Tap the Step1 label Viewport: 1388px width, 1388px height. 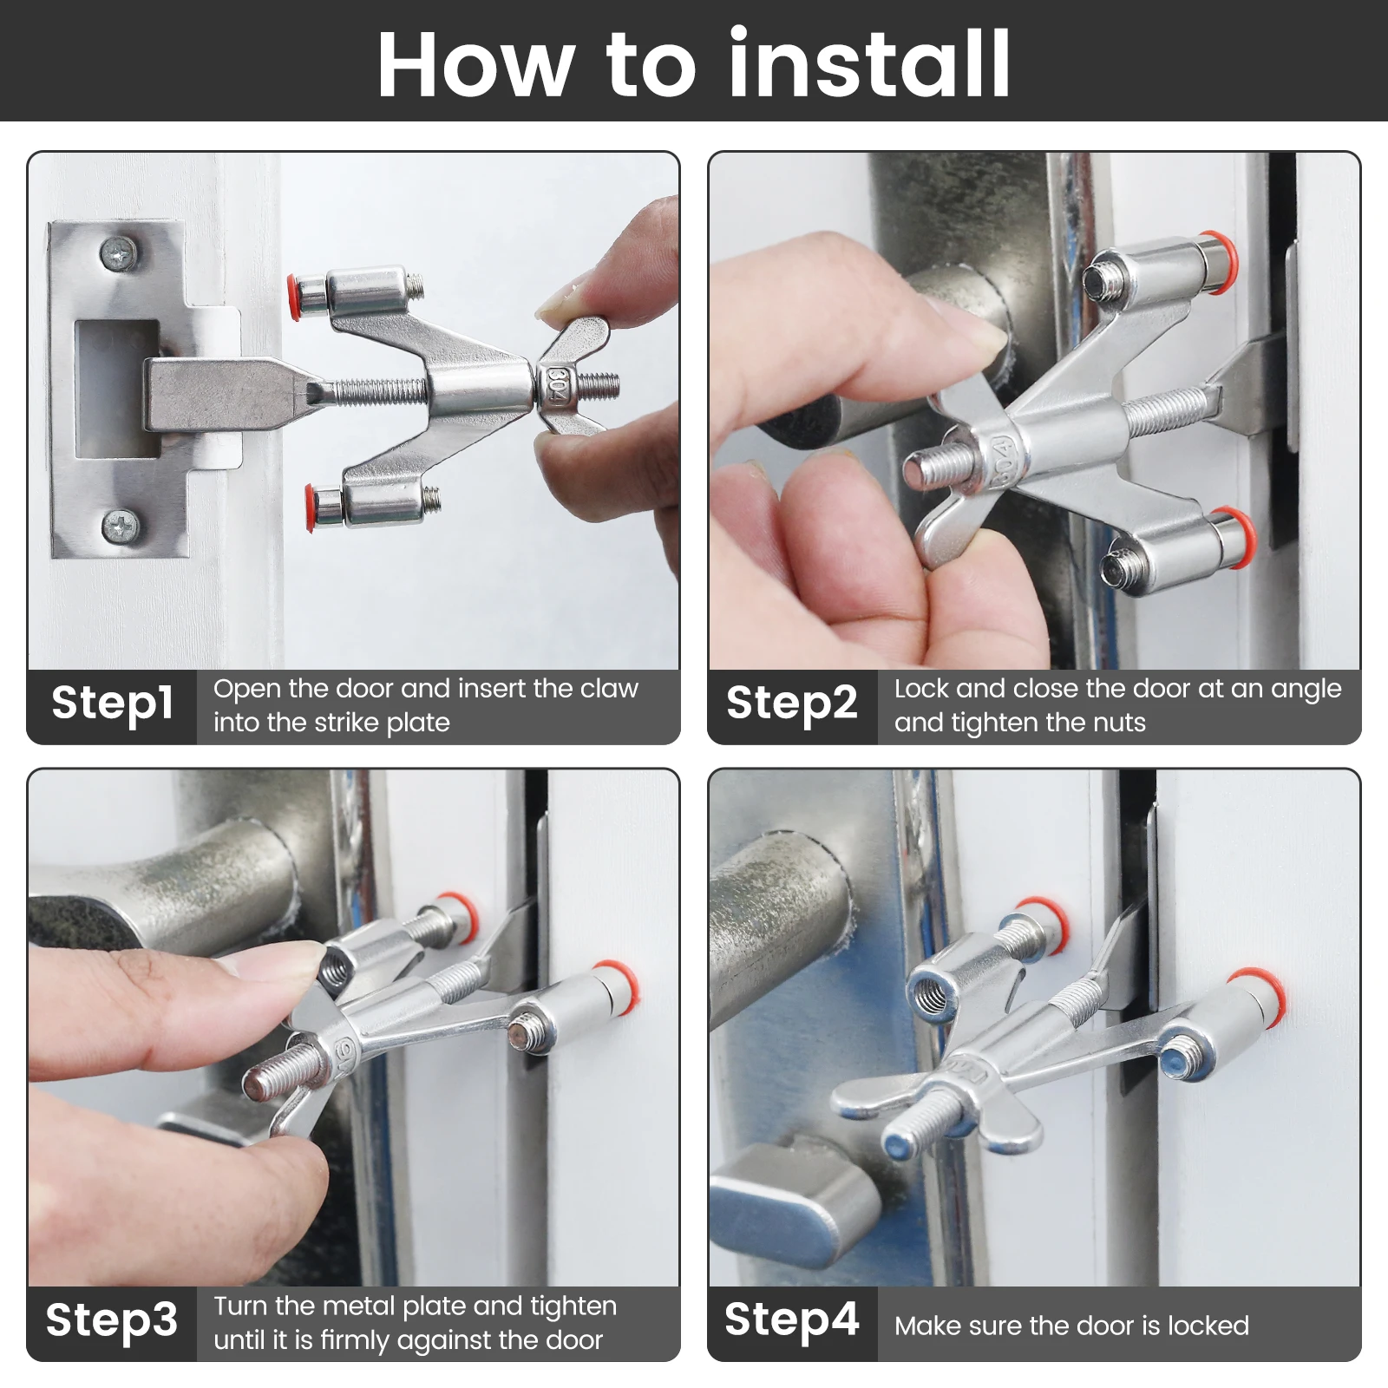click(x=112, y=703)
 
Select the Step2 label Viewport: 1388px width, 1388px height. click(x=791, y=703)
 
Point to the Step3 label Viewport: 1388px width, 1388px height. click(x=112, y=1319)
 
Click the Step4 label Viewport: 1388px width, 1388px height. click(x=791, y=1319)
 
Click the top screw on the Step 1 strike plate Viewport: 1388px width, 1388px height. click(x=119, y=252)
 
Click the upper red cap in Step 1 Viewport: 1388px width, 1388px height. click(x=295, y=297)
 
